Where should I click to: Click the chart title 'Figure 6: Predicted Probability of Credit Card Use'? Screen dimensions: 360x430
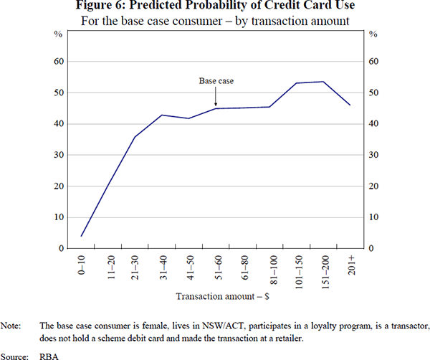tap(215, 6)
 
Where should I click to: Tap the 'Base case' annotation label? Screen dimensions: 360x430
tap(216, 82)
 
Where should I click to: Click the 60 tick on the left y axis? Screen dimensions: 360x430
tap(60, 62)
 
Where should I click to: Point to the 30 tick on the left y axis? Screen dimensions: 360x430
tap(60, 155)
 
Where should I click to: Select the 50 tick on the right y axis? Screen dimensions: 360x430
tap(373, 93)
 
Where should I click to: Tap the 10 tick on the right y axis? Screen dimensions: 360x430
tap(373, 217)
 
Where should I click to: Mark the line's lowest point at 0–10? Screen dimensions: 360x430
tap(82, 235)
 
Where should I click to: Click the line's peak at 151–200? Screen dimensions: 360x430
tap(323, 82)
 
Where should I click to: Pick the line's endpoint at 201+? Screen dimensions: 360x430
tap(350, 105)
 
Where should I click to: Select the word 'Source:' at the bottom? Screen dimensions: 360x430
tap(14, 354)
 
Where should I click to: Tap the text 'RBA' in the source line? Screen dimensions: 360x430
tap(49, 354)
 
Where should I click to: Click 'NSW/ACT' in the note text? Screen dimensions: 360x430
tap(207, 325)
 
